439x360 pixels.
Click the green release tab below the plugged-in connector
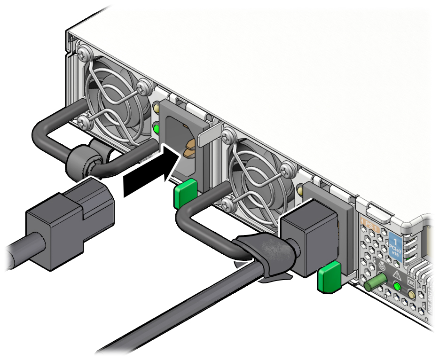(329, 278)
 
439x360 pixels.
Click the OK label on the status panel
(410, 282)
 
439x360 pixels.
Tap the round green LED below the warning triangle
(397, 287)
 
